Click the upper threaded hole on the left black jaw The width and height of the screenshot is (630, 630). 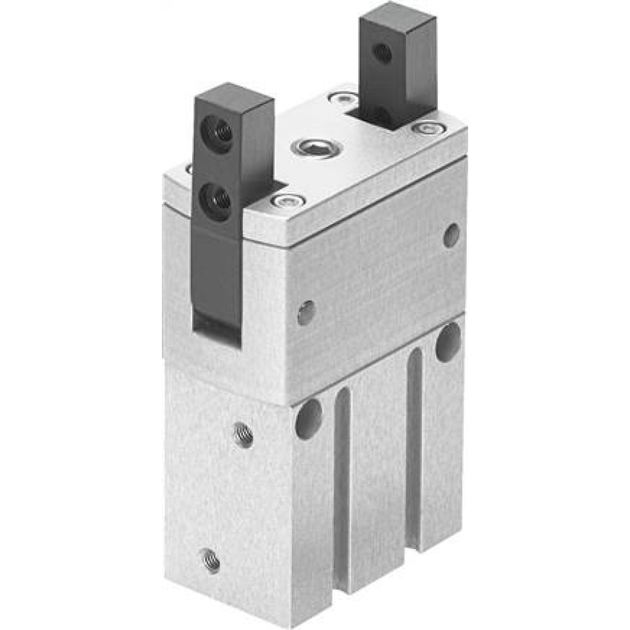[x=215, y=132]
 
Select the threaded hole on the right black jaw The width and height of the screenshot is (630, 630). [x=382, y=53]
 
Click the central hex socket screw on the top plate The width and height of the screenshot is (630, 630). [x=316, y=148]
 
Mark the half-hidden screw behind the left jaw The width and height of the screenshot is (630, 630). [x=189, y=168]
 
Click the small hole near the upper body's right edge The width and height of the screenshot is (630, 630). [x=451, y=235]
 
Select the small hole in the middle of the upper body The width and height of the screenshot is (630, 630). [x=306, y=312]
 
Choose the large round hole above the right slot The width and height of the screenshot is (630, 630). [x=448, y=342]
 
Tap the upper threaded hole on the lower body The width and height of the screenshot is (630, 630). [x=243, y=435]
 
